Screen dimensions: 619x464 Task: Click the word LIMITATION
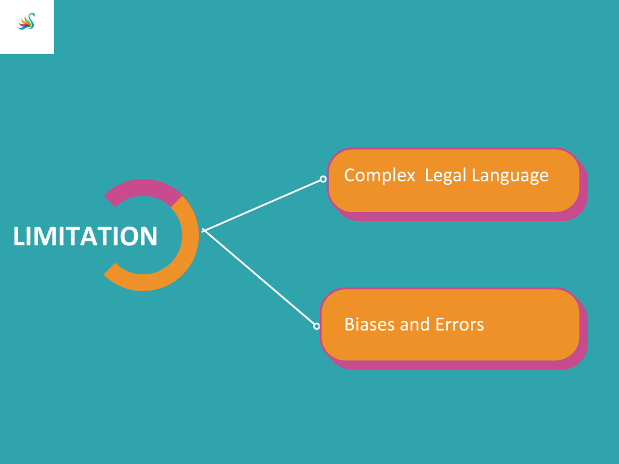85,236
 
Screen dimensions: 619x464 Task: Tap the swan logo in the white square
27,21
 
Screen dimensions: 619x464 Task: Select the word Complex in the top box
380,175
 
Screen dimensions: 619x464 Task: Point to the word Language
510,176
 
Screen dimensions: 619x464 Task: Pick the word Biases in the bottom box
369,324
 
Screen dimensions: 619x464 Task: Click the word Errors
459,324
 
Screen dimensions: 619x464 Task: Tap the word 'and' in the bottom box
415,324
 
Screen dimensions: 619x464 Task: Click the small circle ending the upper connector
323,179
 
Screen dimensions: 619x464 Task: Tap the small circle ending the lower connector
316,326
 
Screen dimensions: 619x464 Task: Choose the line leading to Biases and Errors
259,277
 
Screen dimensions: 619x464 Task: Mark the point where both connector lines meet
204,230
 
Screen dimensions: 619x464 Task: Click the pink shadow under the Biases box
458,364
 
